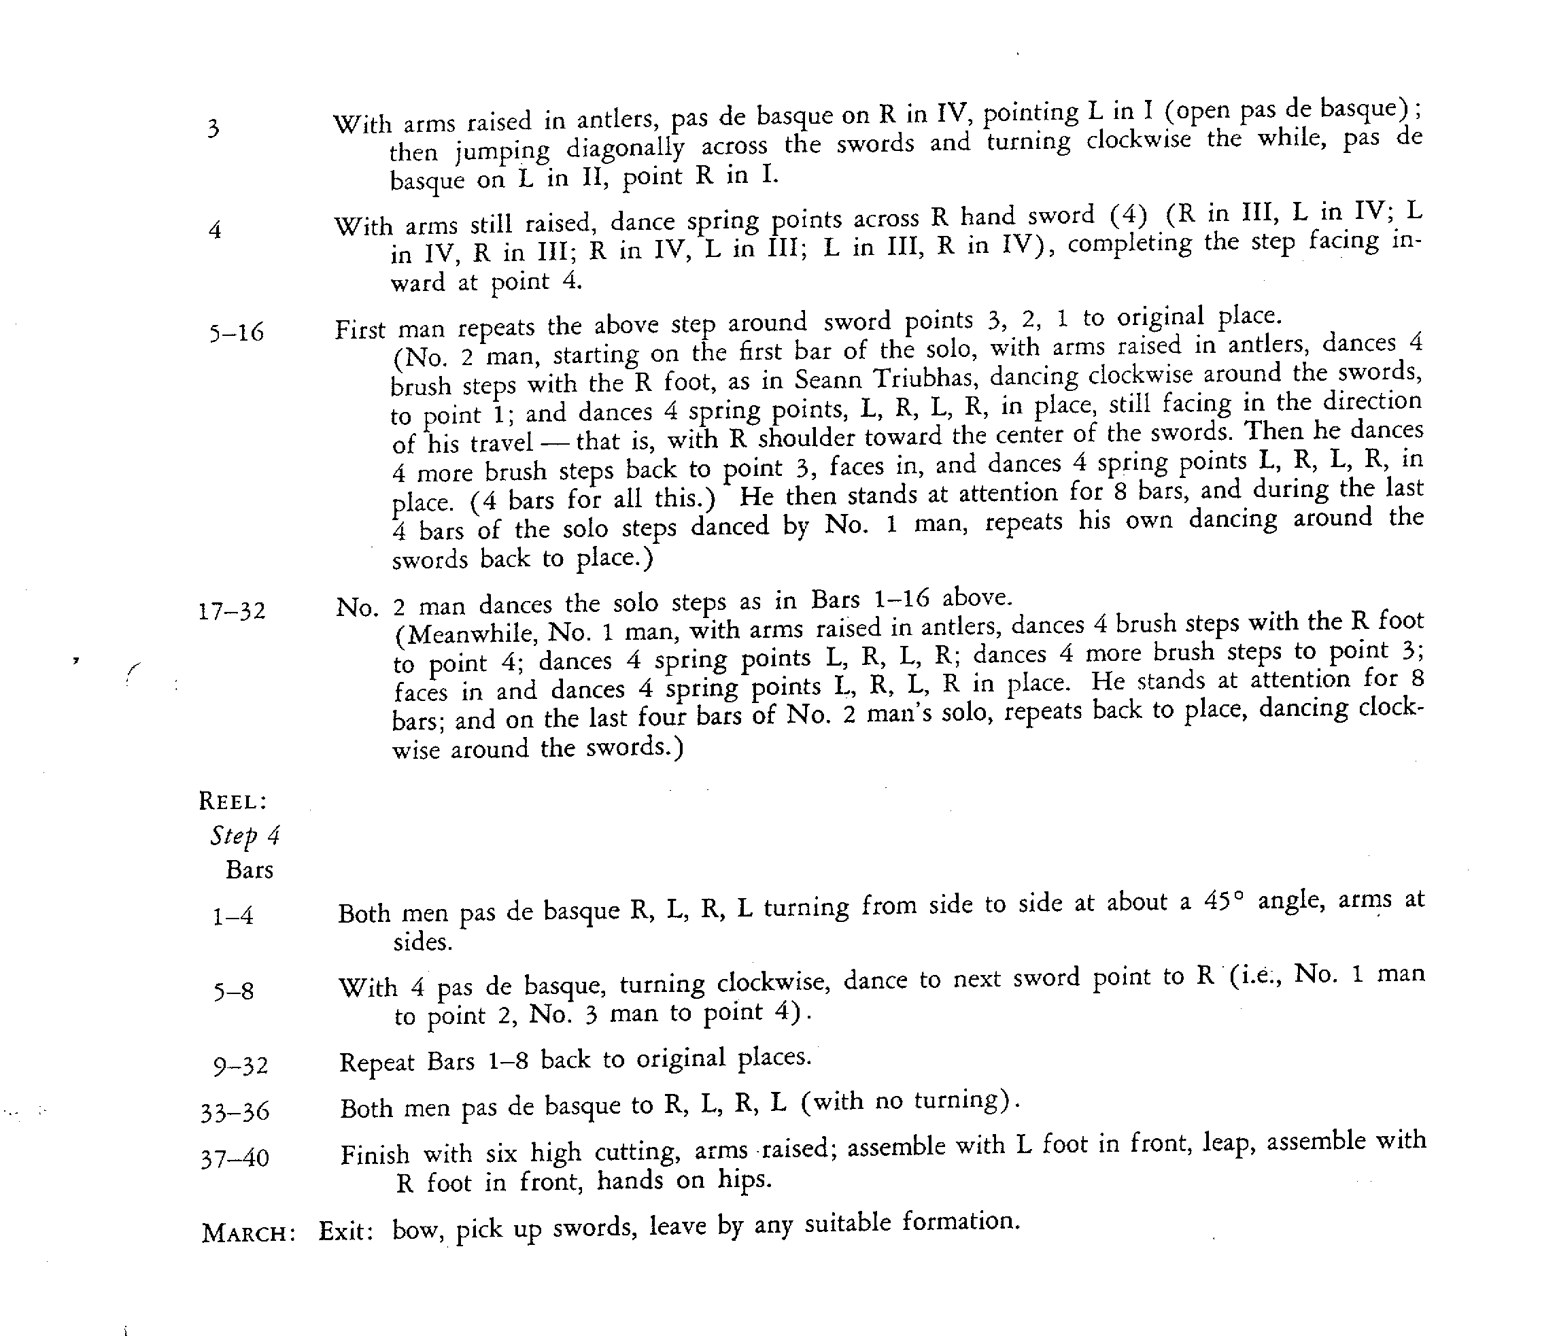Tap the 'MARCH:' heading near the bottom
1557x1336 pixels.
click(248, 1234)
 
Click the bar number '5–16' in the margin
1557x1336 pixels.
click(237, 332)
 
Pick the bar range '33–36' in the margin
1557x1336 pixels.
click(235, 1112)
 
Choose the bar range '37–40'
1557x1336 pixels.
click(235, 1158)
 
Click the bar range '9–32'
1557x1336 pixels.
click(241, 1065)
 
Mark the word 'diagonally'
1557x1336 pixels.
click(626, 148)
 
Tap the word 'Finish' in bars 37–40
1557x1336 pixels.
click(375, 1154)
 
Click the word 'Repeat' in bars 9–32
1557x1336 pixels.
click(377, 1063)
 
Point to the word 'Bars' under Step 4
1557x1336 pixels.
click(250, 870)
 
